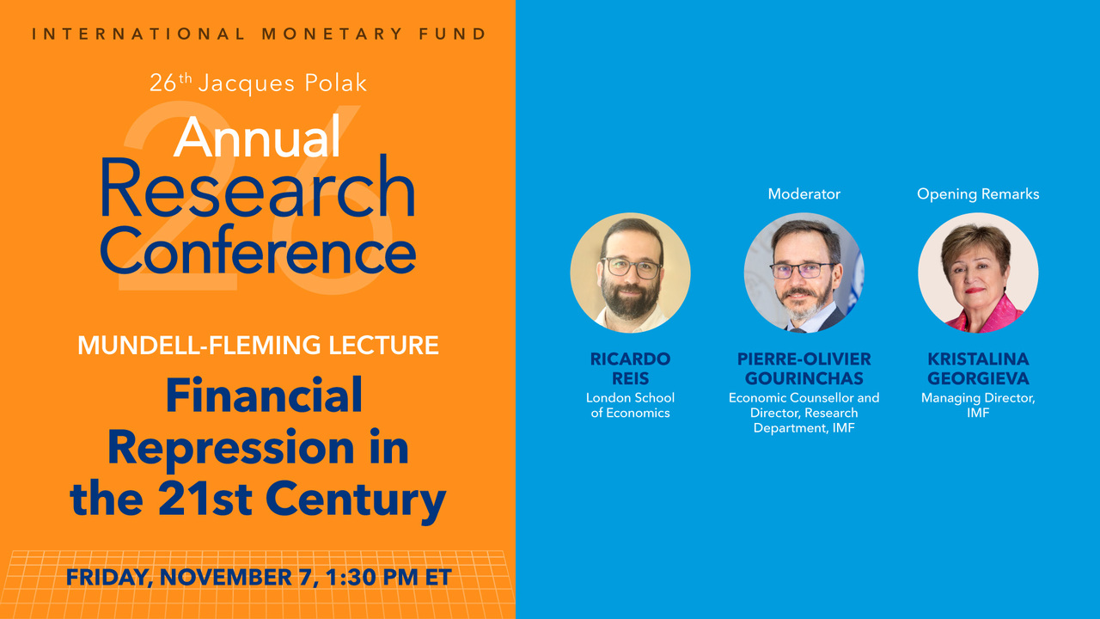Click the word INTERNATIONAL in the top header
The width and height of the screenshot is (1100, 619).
[138, 34]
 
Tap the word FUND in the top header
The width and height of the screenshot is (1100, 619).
[452, 34]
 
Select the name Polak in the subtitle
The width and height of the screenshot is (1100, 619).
[335, 83]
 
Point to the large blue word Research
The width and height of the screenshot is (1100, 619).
[259, 187]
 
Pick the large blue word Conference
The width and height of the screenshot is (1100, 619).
[259, 249]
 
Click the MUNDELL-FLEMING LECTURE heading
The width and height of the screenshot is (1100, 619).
[258, 345]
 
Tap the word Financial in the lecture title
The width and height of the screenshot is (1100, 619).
[264, 395]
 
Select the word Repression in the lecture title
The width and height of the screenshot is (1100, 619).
[231, 448]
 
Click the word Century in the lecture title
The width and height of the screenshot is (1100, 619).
[358, 500]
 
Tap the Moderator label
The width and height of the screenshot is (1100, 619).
[804, 194]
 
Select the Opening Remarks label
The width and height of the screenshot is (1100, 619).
[978, 194]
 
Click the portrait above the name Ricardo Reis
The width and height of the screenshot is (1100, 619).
[630, 273]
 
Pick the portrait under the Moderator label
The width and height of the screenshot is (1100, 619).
[804, 273]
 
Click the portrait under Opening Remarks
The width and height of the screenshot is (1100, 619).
[978, 273]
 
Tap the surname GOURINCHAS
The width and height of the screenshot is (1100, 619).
[804, 378]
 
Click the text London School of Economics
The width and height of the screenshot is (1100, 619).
[630, 405]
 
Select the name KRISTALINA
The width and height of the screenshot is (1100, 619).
[978, 359]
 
